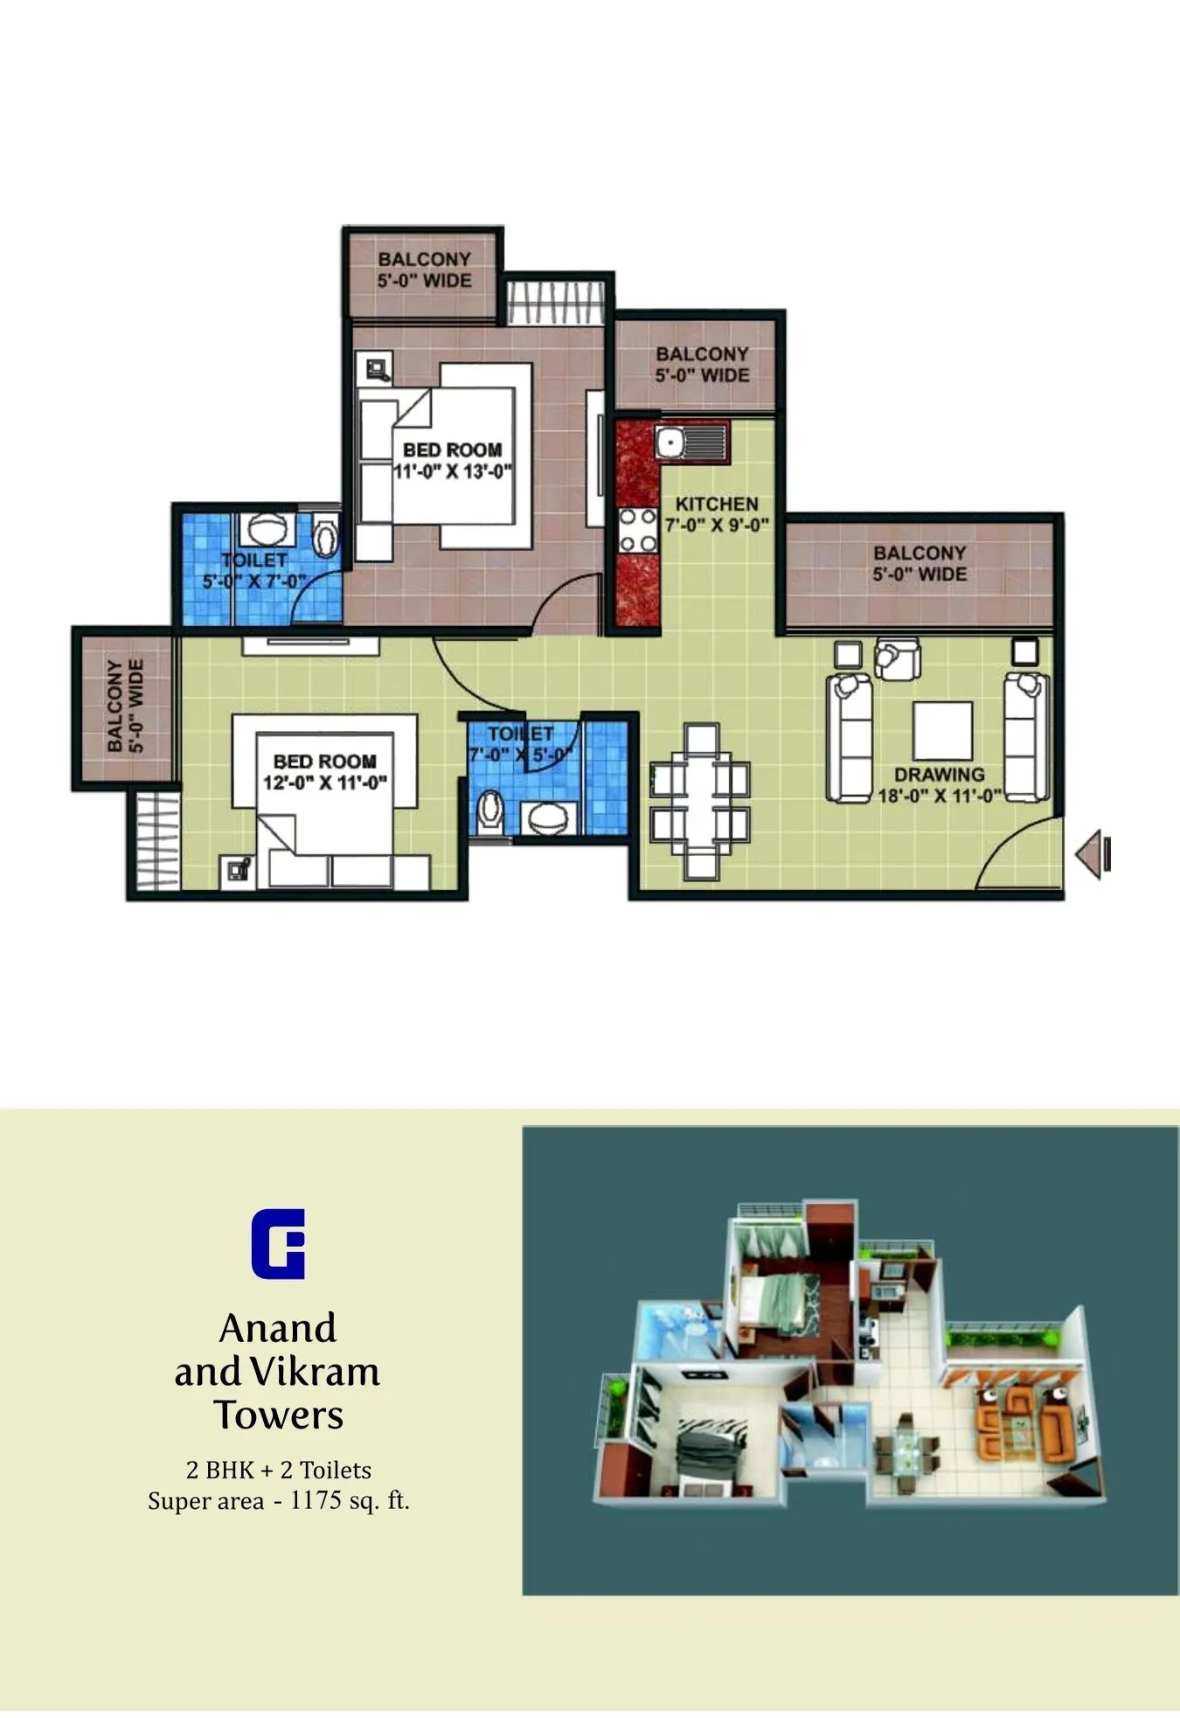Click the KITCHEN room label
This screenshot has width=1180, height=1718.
(717, 504)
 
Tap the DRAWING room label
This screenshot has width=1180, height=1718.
(939, 775)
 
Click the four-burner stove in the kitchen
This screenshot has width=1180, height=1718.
(638, 530)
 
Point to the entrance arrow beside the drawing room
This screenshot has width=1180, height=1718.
(1093, 854)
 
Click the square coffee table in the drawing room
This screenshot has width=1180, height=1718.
(942, 730)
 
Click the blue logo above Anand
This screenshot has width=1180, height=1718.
(278, 1243)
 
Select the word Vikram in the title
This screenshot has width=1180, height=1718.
(316, 1371)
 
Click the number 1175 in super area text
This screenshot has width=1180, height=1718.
(316, 1500)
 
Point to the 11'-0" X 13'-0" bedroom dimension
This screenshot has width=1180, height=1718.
(453, 472)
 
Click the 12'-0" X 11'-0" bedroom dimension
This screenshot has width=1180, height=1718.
(325, 783)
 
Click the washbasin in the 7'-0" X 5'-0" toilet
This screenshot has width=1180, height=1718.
(548, 818)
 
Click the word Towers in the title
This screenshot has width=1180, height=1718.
(279, 1415)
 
